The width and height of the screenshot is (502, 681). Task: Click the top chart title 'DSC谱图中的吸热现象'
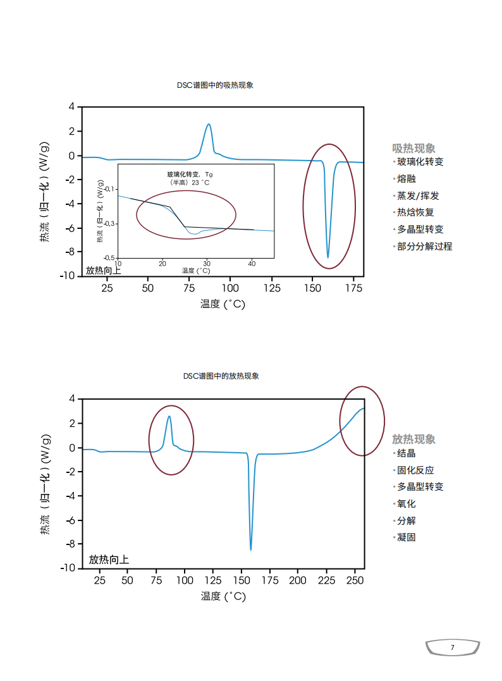pyautogui.click(x=215, y=85)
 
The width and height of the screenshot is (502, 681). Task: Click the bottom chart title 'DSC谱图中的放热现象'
pyautogui.click(x=221, y=376)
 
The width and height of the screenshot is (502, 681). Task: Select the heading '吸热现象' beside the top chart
pyautogui.click(x=413, y=148)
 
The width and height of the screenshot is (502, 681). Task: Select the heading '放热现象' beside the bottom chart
pyautogui.click(x=413, y=439)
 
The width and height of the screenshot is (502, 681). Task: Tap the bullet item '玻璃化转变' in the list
pyautogui.click(x=420, y=162)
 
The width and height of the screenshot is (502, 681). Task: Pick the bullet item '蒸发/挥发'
pyautogui.click(x=418, y=196)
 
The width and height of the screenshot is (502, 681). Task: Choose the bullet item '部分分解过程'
pyautogui.click(x=424, y=247)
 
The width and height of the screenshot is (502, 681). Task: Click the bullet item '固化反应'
pyautogui.click(x=415, y=470)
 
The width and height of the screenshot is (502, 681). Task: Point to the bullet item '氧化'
pyautogui.click(x=407, y=504)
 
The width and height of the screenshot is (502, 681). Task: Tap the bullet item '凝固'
pyautogui.click(x=407, y=537)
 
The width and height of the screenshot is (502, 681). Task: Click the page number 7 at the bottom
pyautogui.click(x=452, y=647)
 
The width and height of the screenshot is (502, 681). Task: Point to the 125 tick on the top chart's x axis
pyautogui.click(x=271, y=288)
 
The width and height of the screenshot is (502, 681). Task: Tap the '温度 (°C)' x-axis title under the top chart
pyautogui.click(x=223, y=304)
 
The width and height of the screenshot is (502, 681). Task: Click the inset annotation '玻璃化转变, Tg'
pyautogui.click(x=190, y=174)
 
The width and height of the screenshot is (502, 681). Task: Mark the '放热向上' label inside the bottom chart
pyautogui.click(x=109, y=559)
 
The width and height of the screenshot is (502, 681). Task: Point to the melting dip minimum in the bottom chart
pyautogui.click(x=251, y=549)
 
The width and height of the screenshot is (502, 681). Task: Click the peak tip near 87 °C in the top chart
pyautogui.click(x=209, y=124)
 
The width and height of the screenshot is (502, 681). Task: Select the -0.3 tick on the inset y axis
pyautogui.click(x=109, y=223)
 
